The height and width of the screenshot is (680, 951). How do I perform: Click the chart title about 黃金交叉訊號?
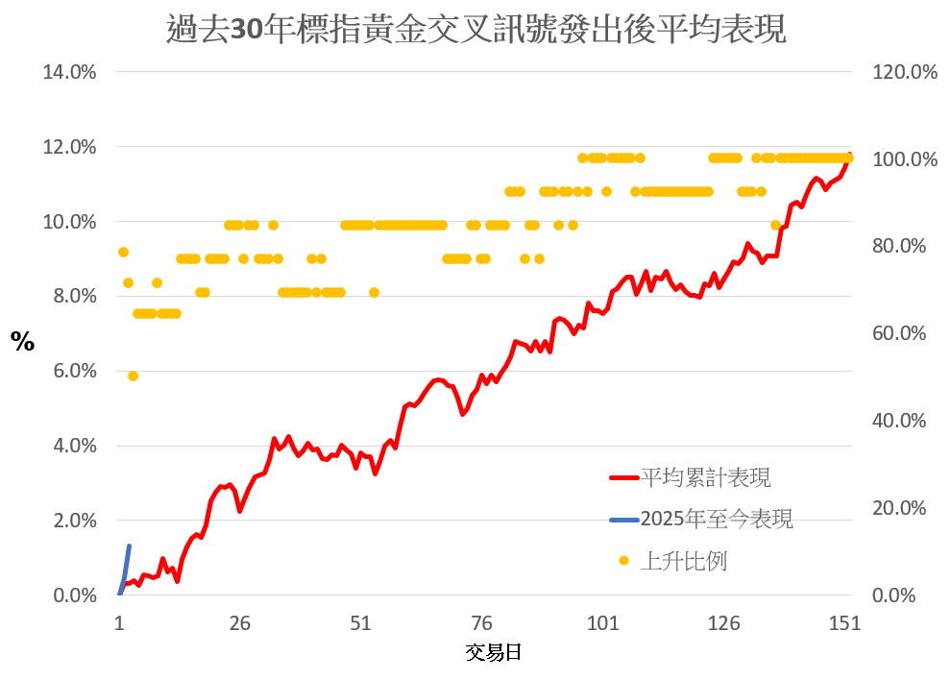click(476, 30)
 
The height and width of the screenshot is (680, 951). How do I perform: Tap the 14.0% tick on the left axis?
click(69, 73)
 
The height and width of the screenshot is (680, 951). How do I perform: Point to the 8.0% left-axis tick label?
click(73, 297)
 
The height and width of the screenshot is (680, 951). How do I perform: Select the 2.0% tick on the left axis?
click(73, 521)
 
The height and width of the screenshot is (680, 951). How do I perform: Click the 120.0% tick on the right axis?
click(903, 73)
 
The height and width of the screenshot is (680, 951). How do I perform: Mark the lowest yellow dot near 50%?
click(133, 376)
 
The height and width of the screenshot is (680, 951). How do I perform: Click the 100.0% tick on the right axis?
click(903, 158)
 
